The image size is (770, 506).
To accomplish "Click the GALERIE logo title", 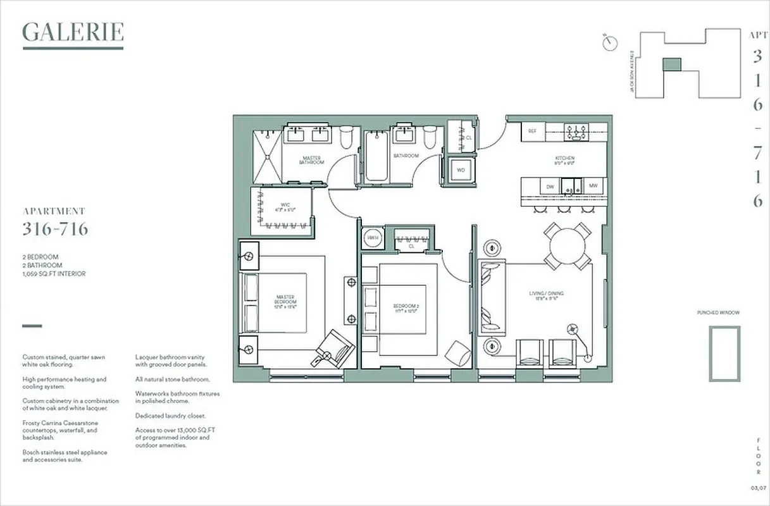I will point(73,32).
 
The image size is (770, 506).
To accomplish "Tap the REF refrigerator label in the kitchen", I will point(533,131).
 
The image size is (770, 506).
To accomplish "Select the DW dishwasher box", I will point(550,186).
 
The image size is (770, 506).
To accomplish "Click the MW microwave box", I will point(593,186).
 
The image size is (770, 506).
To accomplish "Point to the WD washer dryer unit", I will point(461,170).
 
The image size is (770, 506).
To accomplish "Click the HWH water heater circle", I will point(372,238).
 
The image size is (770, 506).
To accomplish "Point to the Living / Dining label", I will point(546,294).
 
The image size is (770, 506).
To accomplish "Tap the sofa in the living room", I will point(491,297).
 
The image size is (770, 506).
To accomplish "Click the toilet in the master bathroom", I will point(347,138).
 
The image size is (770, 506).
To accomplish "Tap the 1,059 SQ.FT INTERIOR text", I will point(54,274).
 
